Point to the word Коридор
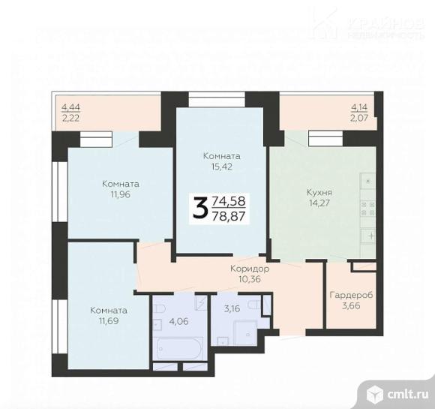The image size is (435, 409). [x=250, y=268]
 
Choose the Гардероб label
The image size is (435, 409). [x=351, y=294]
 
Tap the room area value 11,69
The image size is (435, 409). [x=108, y=321]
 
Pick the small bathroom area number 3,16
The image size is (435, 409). [x=232, y=307]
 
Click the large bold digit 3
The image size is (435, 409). [x=199, y=208]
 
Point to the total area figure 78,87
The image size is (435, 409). [x=229, y=216]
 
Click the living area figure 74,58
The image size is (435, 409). [x=229, y=201]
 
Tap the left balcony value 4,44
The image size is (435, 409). [x=70, y=107]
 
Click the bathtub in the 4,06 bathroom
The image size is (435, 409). [x=178, y=348]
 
